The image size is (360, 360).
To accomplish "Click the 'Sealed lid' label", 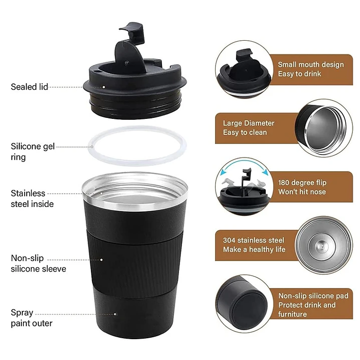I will click(x=29, y=87).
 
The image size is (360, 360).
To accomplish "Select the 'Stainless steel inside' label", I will click(x=32, y=198).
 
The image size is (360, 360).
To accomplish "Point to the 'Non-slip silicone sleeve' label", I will click(x=38, y=263).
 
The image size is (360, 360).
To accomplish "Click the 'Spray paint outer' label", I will click(x=31, y=318).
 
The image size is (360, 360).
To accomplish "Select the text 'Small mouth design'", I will click(x=311, y=64).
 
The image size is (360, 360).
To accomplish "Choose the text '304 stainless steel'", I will click(x=253, y=240).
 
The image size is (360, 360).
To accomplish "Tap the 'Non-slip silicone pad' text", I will click(x=313, y=296).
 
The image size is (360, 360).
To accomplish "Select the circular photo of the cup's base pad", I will click(x=243, y=304).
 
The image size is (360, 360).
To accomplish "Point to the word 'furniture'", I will click(x=292, y=314).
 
